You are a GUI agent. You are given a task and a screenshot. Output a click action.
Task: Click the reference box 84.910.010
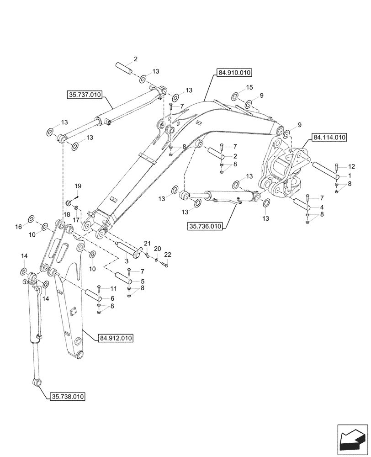pyautogui.click(x=234, y=72)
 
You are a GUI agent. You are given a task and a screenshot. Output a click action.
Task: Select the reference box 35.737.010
pyautogui.click(x=85, y=95)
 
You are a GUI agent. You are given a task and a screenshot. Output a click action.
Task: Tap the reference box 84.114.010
pyautogui.click(x=329, y=137)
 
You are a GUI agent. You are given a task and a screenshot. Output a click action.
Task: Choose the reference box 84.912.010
pyautogui.click(x=115, y=338)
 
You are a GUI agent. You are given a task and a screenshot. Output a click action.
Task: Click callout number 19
pyautogui.click(x=78, y=186)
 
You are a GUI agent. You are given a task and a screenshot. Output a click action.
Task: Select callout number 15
pyautogui.click(x=249, y=87)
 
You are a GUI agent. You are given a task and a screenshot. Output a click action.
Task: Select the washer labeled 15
pyautogui.click(x=234, y=96)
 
